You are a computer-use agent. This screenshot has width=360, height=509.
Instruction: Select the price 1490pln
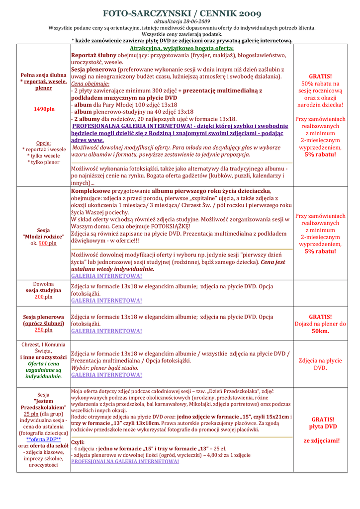[44, 109]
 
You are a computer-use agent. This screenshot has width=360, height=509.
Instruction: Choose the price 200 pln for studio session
[43, 297]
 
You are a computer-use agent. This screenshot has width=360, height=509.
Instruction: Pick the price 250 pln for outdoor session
[43, 330]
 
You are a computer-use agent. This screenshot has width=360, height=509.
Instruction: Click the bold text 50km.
[320, 331]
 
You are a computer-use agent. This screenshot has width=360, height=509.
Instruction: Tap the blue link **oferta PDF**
[43, 439]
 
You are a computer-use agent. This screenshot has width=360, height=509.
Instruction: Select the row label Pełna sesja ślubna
[43, 75]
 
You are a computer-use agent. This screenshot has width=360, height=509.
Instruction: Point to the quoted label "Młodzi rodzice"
[43, 237]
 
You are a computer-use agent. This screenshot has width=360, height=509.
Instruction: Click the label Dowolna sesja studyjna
[43, 287]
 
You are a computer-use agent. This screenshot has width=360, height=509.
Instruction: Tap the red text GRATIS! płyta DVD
[323, 423]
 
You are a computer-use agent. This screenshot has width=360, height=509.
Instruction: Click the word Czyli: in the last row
[78, 442]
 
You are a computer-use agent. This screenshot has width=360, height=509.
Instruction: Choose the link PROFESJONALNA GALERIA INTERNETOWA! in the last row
[125, 461]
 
